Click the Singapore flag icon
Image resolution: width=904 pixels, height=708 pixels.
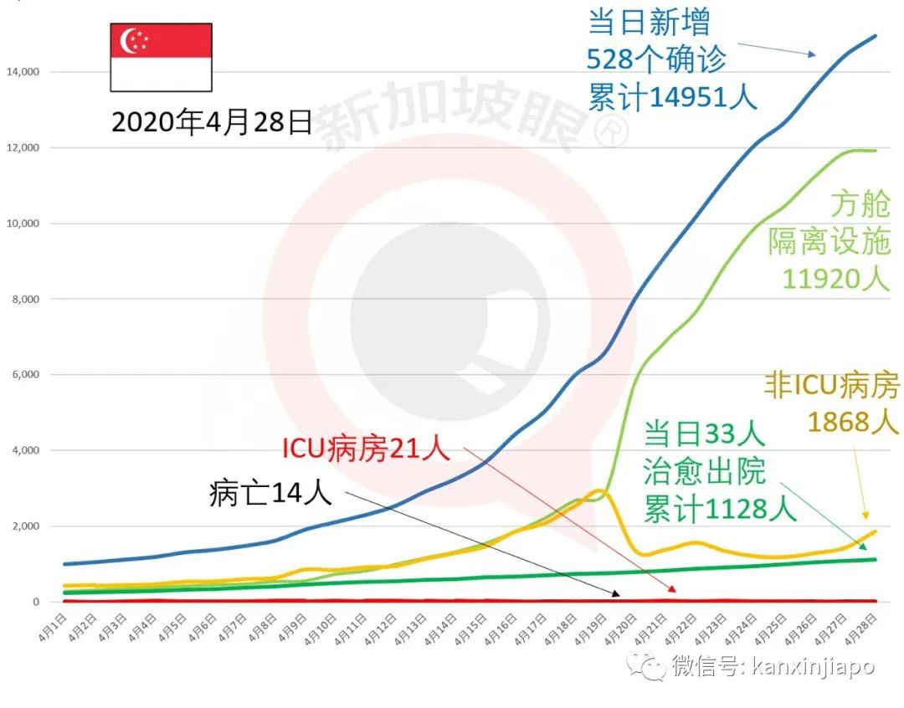pyautogui.click(x=161, y=57)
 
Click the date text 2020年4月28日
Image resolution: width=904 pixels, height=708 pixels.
pyautogui.click(x=211, y=122)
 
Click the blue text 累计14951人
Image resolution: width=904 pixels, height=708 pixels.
pyautogui.click(x=671, y=97)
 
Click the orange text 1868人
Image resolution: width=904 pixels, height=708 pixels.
pyautogui.click(x=853, y=422)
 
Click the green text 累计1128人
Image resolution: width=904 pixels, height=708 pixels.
pyautogui.click(x=719, y=507)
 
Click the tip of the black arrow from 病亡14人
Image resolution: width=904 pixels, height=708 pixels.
pyautogui.click(x=619, y=595)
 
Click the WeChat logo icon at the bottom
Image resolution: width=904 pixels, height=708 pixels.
pyautogui.click(x=649, y=666)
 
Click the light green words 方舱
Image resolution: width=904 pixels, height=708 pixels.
pyautogui.click(x=860, y=204)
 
